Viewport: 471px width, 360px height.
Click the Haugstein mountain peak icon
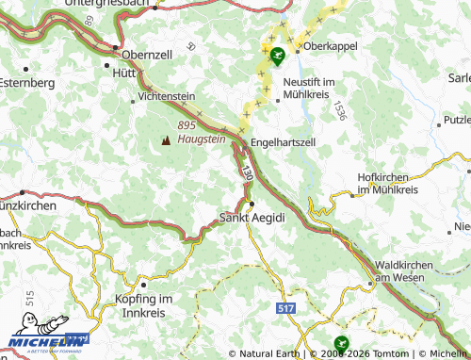pos(166,140)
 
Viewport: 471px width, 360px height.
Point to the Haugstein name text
pos(202,139)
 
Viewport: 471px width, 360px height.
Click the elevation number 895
pos(187,125)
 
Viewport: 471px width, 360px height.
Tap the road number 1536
pos(337,111)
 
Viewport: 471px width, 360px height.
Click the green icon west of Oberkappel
pos(276,56)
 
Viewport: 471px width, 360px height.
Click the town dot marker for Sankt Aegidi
pos(252,203)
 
